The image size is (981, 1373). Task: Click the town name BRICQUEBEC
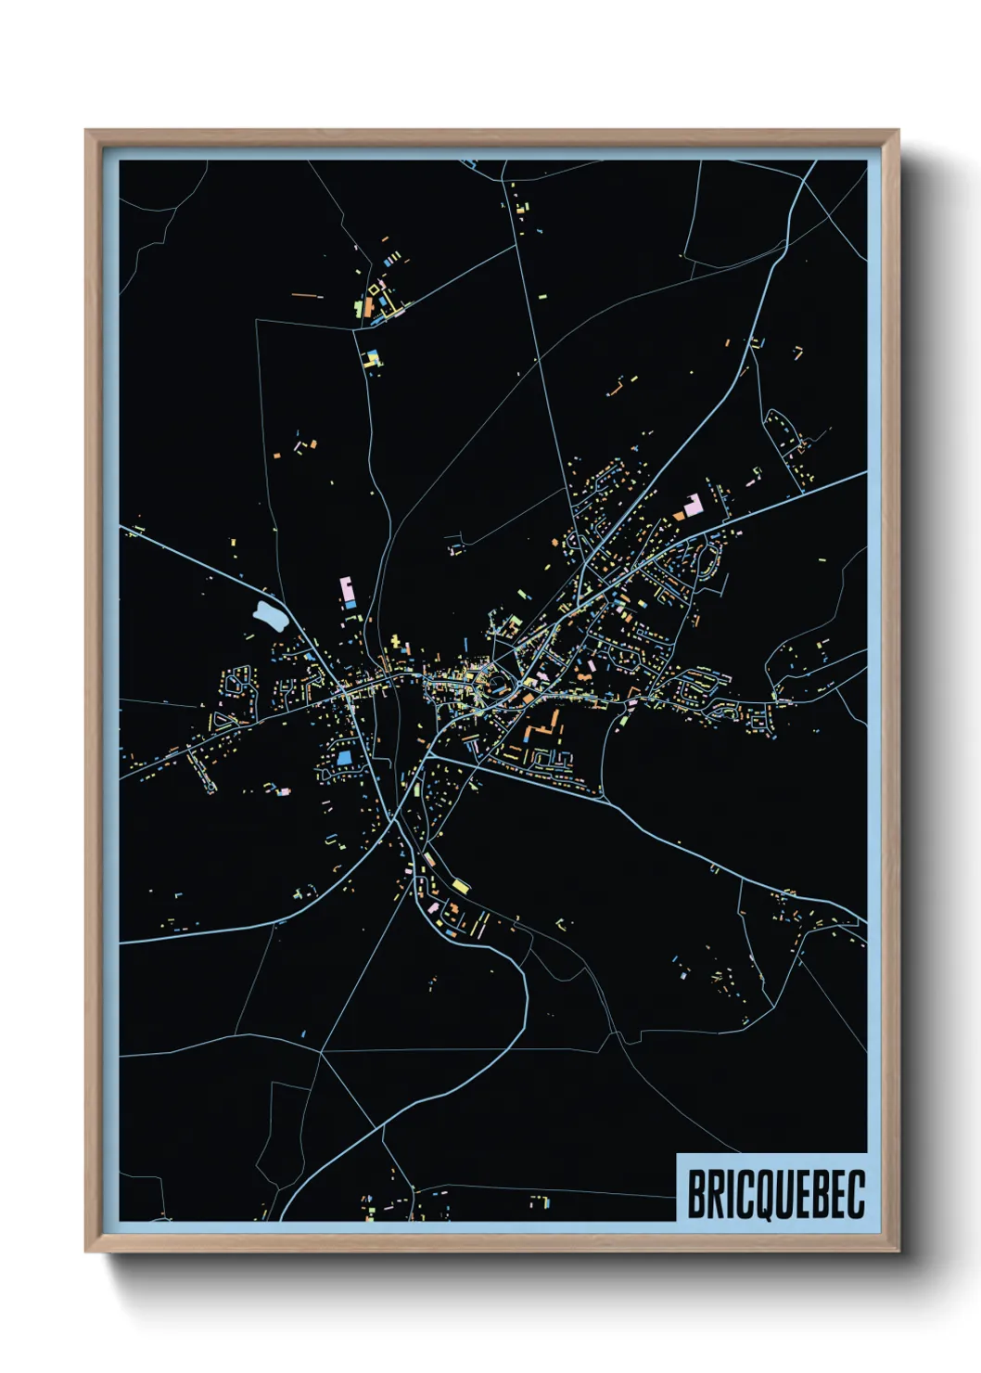click(775, 1193)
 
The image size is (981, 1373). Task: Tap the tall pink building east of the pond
click(347, 589)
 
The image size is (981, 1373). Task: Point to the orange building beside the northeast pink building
click(680, 512)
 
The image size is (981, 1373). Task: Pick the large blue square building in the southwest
click(345, 757)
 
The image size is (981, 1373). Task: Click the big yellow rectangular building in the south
click(461, 886)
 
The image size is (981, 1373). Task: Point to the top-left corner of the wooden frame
click(86, 131)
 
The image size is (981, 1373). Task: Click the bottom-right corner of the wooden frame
click(898, 1251)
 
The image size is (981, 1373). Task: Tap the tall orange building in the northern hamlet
click(368, 307)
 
